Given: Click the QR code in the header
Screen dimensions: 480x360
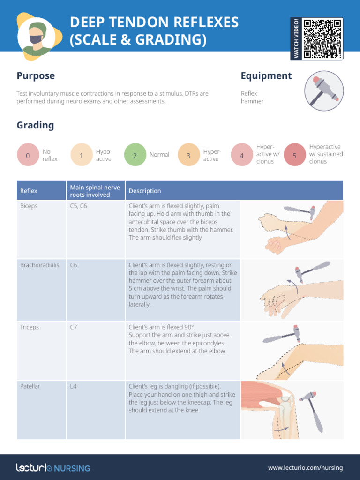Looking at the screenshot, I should point(322,38).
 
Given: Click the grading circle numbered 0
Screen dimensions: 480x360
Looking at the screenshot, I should point(28,156).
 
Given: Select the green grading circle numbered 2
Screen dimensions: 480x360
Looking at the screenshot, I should point(135,156).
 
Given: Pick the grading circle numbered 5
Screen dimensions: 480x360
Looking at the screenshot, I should point(294,156).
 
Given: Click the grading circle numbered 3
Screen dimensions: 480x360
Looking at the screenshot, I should point(188,156).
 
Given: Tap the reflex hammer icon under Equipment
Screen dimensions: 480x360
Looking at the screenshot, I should point(324,90).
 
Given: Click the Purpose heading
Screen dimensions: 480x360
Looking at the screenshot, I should point(36,76).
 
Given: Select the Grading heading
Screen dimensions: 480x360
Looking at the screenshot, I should point(35,125).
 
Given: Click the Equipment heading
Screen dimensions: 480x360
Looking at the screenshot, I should point(266,76).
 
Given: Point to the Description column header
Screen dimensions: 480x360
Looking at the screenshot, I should point(145,191).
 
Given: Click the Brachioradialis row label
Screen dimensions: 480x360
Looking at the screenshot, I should point(40,265).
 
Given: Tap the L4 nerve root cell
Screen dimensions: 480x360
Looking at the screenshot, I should point(74,386).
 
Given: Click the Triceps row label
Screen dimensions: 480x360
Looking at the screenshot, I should point(30,327).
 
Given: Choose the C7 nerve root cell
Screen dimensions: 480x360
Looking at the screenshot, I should point(74,327).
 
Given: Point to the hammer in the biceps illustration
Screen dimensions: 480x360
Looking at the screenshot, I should point(300,210).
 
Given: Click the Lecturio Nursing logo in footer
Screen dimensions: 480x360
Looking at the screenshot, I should point(53,467).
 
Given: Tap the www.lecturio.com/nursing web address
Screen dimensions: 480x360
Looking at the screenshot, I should point(305,467).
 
